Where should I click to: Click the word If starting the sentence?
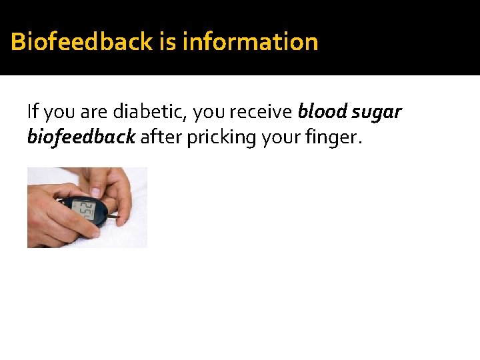(x=32, y=111)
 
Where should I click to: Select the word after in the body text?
(x=157, y=137)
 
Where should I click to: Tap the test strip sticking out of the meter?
(x=115, y=217)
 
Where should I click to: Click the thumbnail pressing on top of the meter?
(x=95, y=192)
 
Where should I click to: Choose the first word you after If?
(x=55, y=111)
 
